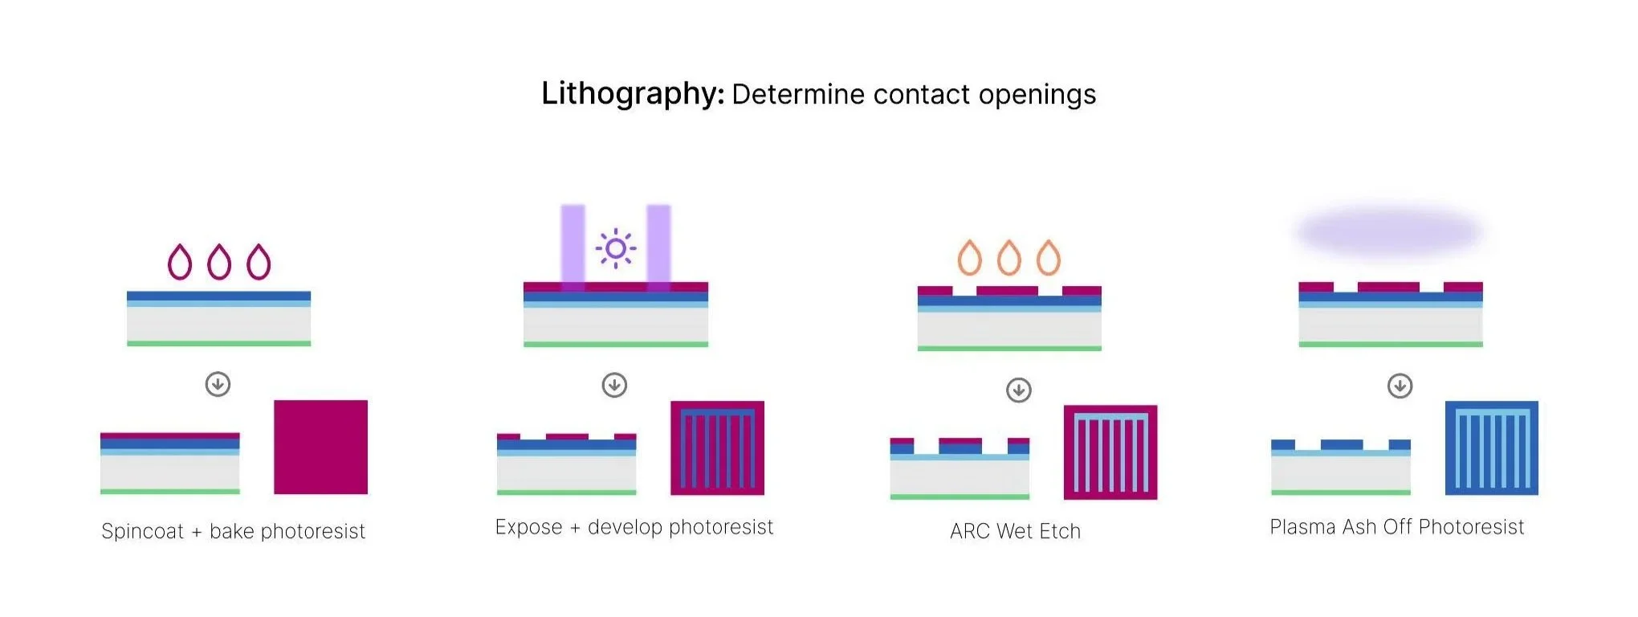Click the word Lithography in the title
pos(632,95)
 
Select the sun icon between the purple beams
pos(616,248)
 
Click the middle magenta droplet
pos(219,262)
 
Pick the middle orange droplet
pos(1009,258)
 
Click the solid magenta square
pos(320,447)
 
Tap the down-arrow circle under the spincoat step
pos(218,384)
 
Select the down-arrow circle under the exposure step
pos(615,385)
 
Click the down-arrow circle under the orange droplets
pos(1019,390)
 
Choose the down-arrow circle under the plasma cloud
pos(1400,386)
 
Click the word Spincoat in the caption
pos(143,532)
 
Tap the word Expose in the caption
pos(528,527)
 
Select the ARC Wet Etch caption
pos(1015,531)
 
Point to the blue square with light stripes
pos(1491,447)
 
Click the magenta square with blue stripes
pos(717,447)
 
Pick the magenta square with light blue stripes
pos(1110,452)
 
